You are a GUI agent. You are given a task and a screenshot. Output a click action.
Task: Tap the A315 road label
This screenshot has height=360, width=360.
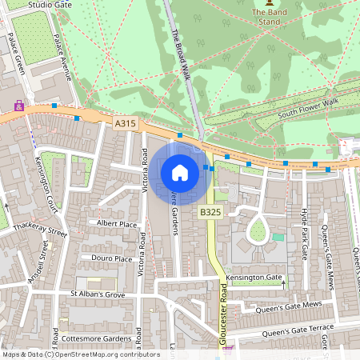126,124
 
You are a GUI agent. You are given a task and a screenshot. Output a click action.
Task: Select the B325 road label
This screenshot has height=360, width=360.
210,212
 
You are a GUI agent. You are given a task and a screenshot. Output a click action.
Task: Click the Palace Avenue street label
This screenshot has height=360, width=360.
62,55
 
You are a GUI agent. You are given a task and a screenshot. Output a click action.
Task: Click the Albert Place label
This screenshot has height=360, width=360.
117,225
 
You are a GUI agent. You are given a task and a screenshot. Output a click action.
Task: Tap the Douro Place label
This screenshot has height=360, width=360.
112,259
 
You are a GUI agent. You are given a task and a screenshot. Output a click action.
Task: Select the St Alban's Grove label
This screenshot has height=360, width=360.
99,294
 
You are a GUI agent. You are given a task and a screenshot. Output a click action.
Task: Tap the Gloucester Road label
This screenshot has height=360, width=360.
222,315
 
